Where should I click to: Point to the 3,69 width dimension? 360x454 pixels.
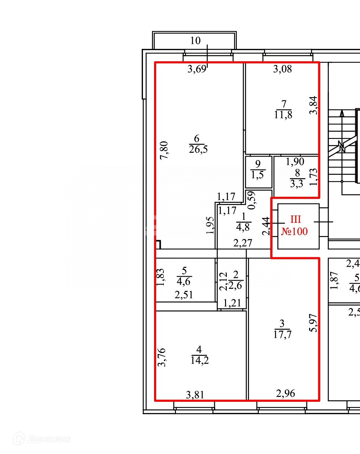197,69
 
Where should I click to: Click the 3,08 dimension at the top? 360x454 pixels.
282,69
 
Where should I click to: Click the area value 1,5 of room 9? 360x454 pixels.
257,175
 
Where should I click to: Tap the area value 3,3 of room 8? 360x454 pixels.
296,183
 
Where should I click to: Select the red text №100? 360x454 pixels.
294,231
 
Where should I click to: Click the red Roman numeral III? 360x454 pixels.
295,220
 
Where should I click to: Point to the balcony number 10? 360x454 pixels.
195,41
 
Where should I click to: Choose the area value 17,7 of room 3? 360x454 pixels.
282,335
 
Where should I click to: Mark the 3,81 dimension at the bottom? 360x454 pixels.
195,395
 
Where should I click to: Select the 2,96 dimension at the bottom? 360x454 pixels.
286,394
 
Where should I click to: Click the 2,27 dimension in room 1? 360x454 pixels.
242,243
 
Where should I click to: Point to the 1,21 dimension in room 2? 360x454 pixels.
232,303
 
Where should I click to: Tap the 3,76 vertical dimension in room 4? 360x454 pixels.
161,357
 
